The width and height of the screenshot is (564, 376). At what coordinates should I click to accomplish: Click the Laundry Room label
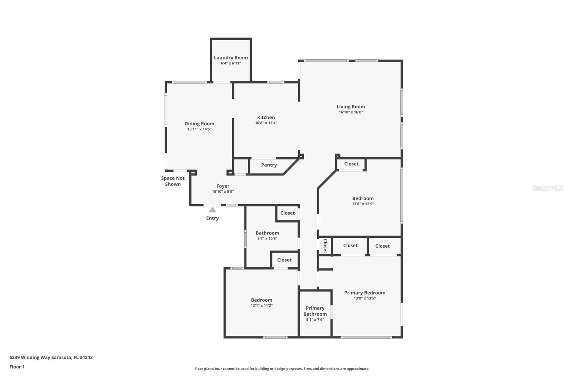231,57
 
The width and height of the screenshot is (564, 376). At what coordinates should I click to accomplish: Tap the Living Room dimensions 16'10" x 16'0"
350,112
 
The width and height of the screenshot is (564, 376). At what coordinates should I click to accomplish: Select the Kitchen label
266,117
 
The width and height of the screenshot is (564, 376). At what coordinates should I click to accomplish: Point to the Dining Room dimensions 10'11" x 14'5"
199,129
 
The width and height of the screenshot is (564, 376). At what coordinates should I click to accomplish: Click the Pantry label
269,165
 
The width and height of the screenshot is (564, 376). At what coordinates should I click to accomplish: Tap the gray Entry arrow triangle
212,210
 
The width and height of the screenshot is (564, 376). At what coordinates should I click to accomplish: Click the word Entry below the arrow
212,218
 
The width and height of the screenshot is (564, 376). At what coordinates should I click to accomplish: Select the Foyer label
223,186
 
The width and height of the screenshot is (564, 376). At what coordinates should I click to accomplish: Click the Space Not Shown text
173,181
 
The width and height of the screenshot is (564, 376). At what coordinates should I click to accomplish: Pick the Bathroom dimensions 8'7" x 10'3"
267,238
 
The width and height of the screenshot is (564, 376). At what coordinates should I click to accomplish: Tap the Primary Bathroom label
315,311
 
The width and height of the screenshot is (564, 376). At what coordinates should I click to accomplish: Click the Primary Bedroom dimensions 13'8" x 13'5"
364,298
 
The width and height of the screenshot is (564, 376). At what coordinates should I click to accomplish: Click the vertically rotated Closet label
325,246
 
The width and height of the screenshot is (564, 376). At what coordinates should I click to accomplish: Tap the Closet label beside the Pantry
351,164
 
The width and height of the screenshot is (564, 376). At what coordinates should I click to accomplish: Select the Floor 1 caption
17,367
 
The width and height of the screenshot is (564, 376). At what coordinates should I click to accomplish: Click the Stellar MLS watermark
547,188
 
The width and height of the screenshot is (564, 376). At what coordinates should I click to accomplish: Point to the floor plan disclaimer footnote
282,369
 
